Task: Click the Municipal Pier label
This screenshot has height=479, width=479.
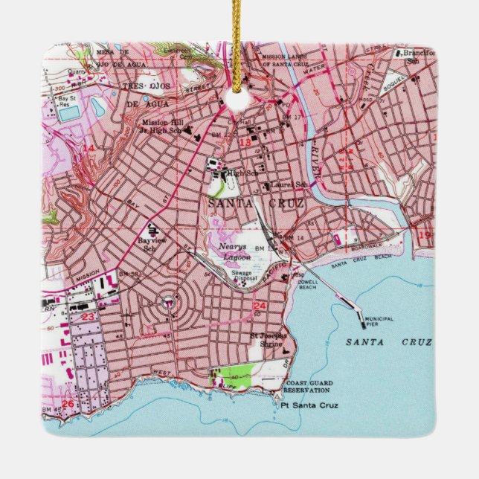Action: point(380,321)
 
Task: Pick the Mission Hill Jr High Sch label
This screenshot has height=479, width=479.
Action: point(166,126)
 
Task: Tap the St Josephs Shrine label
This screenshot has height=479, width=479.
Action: point(268,340)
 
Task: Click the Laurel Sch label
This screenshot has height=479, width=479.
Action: point(290,184)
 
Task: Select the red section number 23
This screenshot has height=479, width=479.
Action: point(88,315)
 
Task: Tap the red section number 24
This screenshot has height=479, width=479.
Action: point(260,306)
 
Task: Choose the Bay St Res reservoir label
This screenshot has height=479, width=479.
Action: point(68,100)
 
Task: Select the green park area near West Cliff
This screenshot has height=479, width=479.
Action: point(236,375)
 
